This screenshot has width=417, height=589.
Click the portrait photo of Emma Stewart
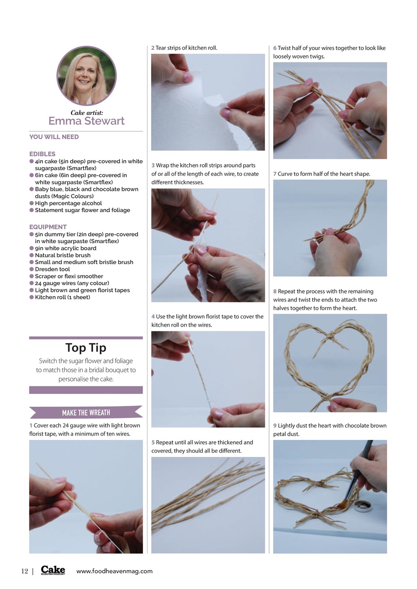[86, 76]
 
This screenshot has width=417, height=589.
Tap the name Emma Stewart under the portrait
[86, 121]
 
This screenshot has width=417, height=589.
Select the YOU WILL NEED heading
[54, 137]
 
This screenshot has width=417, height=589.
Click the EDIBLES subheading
[42, 154]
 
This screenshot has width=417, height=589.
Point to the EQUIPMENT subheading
[48, 227]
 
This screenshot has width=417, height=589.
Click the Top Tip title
[86, 347]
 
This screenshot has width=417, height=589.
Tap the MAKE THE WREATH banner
[86, 412]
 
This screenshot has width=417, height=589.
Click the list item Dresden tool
[52, 269]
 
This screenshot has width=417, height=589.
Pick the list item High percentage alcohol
[68, 203]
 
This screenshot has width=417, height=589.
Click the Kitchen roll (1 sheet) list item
[62, 297]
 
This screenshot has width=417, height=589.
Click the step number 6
[275, 48]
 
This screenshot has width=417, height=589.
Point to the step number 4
[153, 317]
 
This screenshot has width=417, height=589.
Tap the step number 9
[275, 426]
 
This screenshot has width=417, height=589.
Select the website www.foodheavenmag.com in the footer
[114, 571]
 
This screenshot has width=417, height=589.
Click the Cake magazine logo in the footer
[53, 570]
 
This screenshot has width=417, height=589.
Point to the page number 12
[24, 571]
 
